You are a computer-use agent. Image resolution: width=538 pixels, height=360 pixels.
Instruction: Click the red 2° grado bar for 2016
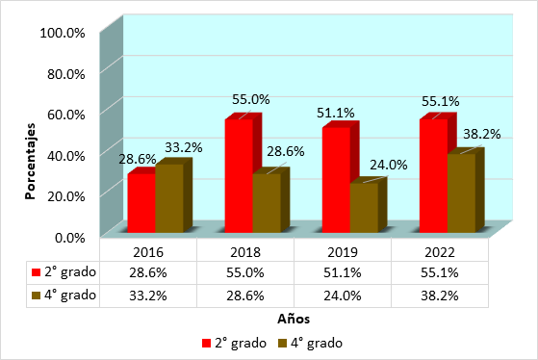[x=141, y=202]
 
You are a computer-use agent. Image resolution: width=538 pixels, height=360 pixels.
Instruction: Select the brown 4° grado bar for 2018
[x=267, y=202]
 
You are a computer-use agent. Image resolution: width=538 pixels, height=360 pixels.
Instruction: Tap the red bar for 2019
[x=336, y=179]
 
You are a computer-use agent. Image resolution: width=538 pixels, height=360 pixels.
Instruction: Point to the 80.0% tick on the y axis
[x=66, y=74]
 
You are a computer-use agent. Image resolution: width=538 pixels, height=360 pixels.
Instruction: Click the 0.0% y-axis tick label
[x=70, y=238]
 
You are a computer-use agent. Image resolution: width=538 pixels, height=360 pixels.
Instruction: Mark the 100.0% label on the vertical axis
[x=63, y=33]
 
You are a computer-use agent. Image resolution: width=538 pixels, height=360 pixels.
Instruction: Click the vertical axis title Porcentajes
[x=30, y=161]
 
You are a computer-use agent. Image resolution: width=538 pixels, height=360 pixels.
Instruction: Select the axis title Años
[x=294, y=319]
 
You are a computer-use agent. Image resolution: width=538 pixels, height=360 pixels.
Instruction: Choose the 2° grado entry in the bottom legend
[x=234, y=343]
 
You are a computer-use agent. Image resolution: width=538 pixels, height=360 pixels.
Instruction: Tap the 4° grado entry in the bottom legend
[x=311, y=343]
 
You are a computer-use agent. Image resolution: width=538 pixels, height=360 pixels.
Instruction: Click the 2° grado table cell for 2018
[x=245, y=272]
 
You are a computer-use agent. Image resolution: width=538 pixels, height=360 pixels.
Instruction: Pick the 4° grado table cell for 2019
[x=343, y=296]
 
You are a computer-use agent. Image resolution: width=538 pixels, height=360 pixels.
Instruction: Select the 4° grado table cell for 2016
[x=148, y=296]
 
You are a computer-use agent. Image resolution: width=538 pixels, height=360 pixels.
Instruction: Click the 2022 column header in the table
[x=440, y=252]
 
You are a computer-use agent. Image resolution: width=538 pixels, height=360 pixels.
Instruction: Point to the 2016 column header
[x=148, y=252]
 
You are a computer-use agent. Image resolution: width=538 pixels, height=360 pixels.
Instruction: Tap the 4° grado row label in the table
[x=64, y=296]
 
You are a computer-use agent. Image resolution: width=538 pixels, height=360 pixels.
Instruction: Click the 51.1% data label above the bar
[x=336, y=113]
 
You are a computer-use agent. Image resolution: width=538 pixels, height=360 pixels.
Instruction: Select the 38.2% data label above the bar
[x=482, y=134]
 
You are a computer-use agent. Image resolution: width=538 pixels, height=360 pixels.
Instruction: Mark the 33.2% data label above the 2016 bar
[x=184, y=147]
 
